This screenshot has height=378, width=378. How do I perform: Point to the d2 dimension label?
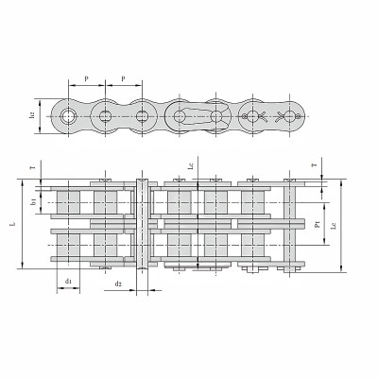pyautogui.click(x=117, y=283)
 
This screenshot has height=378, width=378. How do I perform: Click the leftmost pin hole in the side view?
pyautogui.click(x=68, y=116)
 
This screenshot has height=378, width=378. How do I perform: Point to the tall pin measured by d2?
pyautogui.click(x=143, y=227)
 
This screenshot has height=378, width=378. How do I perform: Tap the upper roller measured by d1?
pyautogui.click(x=68, y=202)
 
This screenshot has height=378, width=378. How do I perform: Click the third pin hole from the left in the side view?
pyautogui.click(x=142, y=116)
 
